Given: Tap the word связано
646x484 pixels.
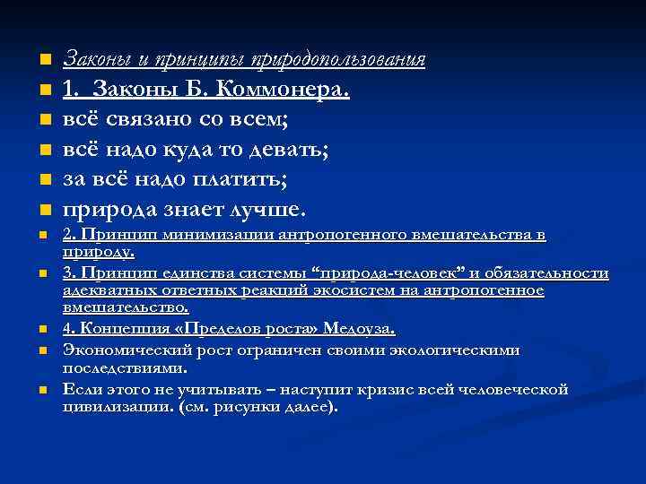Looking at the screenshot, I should point(147,119).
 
